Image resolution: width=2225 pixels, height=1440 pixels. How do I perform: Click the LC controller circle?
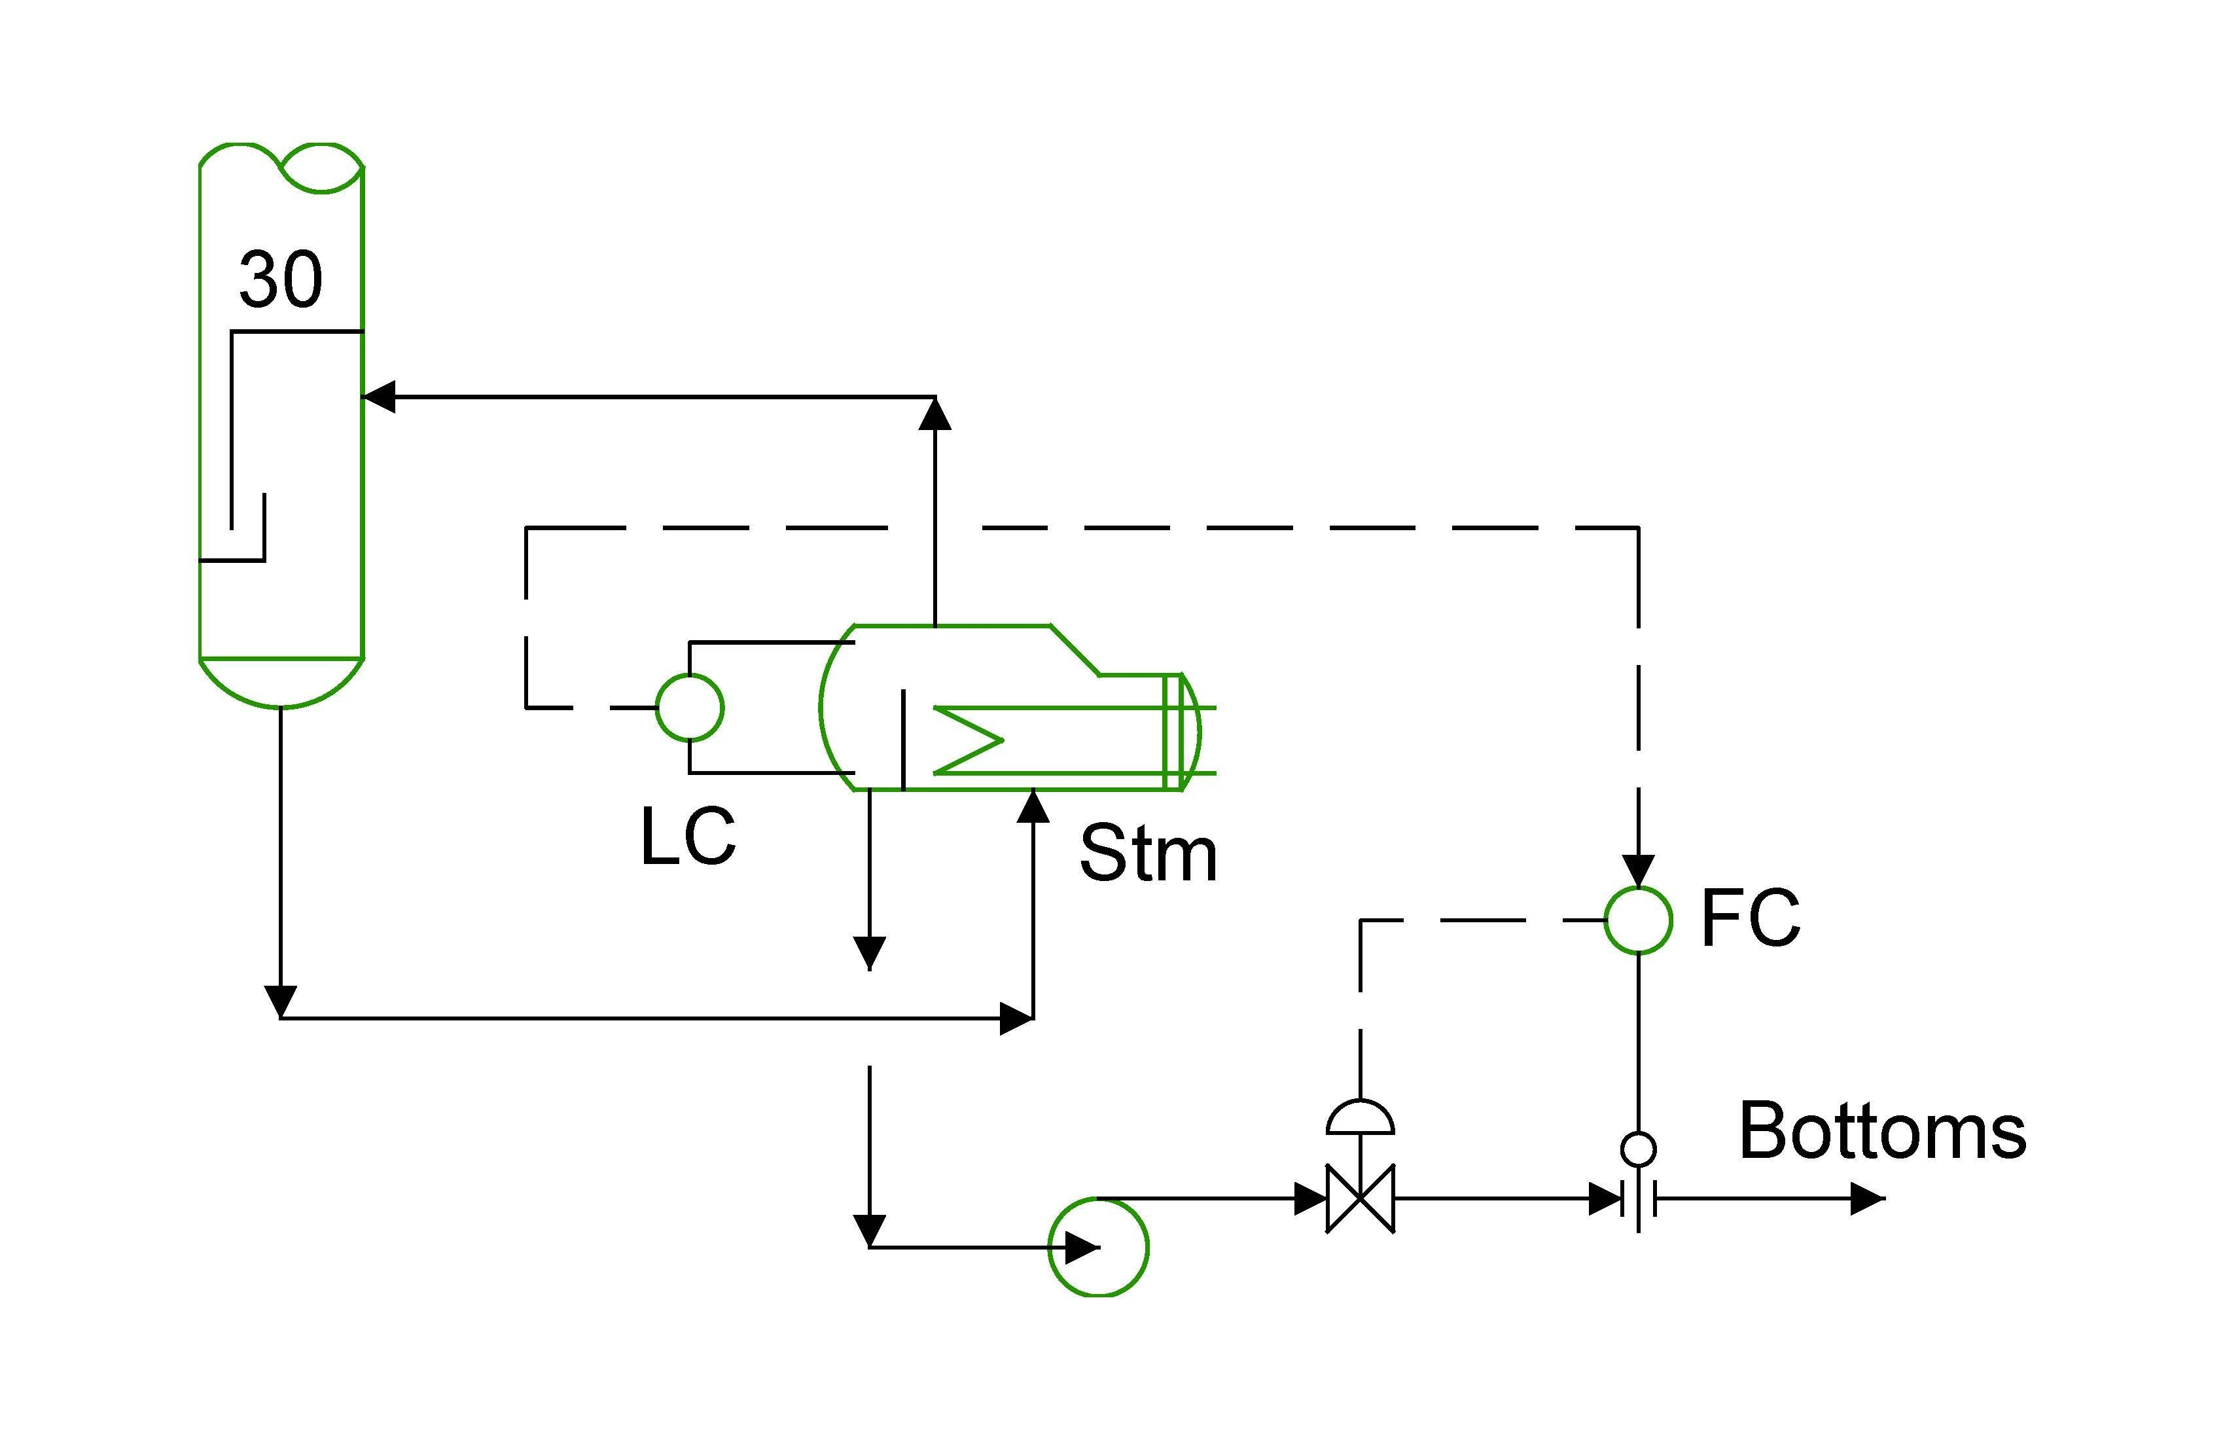tap(690, 708)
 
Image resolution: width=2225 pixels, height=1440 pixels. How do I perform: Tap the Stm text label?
tap(1148, 853)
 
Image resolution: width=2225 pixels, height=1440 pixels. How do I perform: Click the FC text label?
tap(1750, 918)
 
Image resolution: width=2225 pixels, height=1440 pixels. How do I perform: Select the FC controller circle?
tap(1638, 920)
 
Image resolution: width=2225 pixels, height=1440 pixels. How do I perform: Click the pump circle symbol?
tap(1099, 1248)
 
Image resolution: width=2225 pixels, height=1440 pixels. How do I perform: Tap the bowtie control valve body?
tap(1361, 1198)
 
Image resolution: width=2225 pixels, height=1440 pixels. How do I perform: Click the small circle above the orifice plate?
tap(1638, 1148)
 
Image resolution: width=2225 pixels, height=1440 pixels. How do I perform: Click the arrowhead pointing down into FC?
tap(1638, 871)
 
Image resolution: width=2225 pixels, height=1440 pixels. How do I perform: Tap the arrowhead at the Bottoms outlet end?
tap(1867, 1198)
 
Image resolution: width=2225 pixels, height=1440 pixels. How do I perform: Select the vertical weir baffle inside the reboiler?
tap(903, 740)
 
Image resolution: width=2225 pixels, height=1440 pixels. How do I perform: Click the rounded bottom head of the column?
tap(281, 683)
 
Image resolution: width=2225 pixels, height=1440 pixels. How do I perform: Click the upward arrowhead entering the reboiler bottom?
tap(1033, 806)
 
